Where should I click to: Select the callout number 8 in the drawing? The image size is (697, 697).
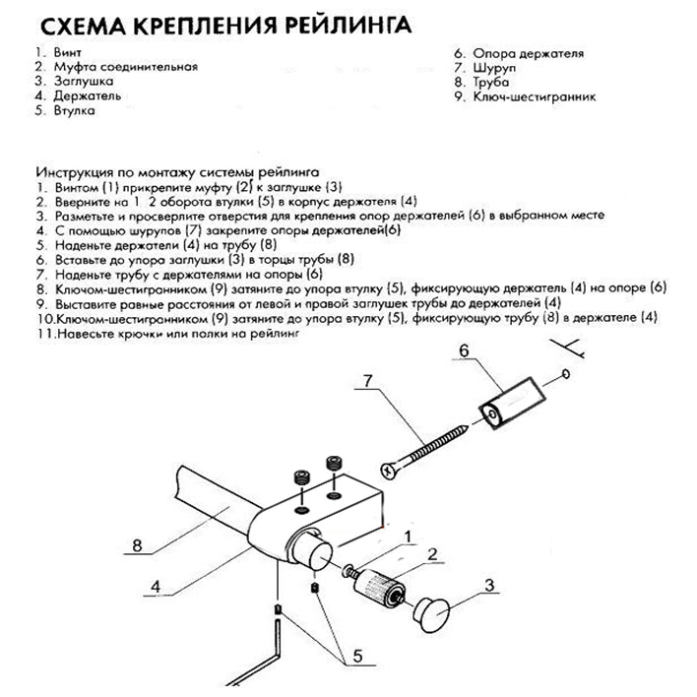(x=138, y=543)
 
